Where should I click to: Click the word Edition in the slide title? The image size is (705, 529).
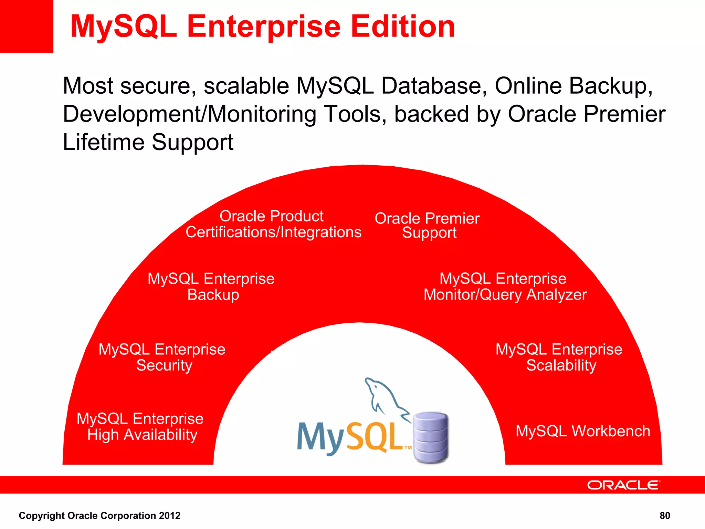point(403,27)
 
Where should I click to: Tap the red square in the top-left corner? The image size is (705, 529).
point(27,27)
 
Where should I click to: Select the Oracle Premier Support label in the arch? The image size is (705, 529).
point(427,225)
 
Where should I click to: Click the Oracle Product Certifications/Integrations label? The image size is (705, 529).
point(273,224)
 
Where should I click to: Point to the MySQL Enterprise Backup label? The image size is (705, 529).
point(211,287)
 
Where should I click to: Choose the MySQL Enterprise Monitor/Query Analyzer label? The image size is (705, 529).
point(505,287)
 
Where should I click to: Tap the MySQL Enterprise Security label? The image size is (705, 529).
point(162,357)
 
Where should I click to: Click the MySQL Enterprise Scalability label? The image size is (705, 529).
point(559,357)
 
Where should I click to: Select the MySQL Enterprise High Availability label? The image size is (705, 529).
point(140,427)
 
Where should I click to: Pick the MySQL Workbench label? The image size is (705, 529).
point(583,431)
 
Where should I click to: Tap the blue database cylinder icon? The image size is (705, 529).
point(431,437)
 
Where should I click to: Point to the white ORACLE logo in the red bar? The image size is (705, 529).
point(623,485)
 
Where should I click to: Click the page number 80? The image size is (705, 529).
point(665,516)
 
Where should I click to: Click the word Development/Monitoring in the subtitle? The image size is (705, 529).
point(189,114)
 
